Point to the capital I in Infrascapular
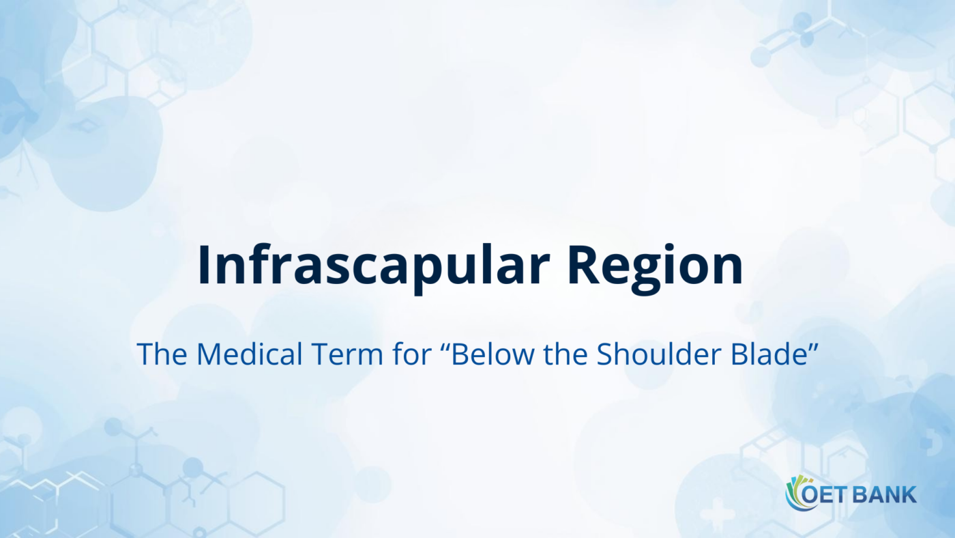(x=204, y=264)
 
